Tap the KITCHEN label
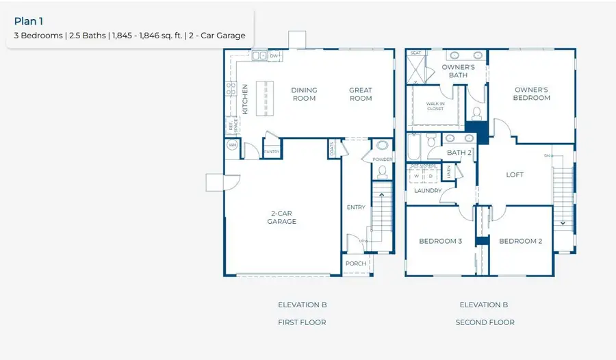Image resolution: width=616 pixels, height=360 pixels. click(245, 99)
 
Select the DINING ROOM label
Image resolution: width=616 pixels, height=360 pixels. click(304, 94)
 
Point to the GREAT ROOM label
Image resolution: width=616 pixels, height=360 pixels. click(361, 94)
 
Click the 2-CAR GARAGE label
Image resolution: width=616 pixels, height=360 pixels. click(282, 218)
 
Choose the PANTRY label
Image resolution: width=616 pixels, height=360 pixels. click(272, 151)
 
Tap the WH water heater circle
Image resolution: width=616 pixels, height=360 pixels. click(232, 145)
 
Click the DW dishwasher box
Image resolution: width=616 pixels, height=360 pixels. click(273, 56)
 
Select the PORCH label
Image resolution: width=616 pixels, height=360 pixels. click(355, 263)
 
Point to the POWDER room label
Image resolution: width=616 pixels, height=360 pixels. click(383, 159)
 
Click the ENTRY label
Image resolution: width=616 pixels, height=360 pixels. click(356, 207)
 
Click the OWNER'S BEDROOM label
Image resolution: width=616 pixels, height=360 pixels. click(532, 94)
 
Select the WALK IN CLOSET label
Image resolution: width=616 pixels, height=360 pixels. click(436, 105)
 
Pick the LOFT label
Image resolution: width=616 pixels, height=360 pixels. click(515, 175)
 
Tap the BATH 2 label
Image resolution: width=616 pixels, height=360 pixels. click(459, 153)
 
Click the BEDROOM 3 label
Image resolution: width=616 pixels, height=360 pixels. click(441, 241)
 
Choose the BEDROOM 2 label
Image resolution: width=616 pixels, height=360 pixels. click(520, 241)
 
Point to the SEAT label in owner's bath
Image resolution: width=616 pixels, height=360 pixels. click(415, 53)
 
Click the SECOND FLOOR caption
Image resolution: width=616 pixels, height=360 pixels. click(485, 322)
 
